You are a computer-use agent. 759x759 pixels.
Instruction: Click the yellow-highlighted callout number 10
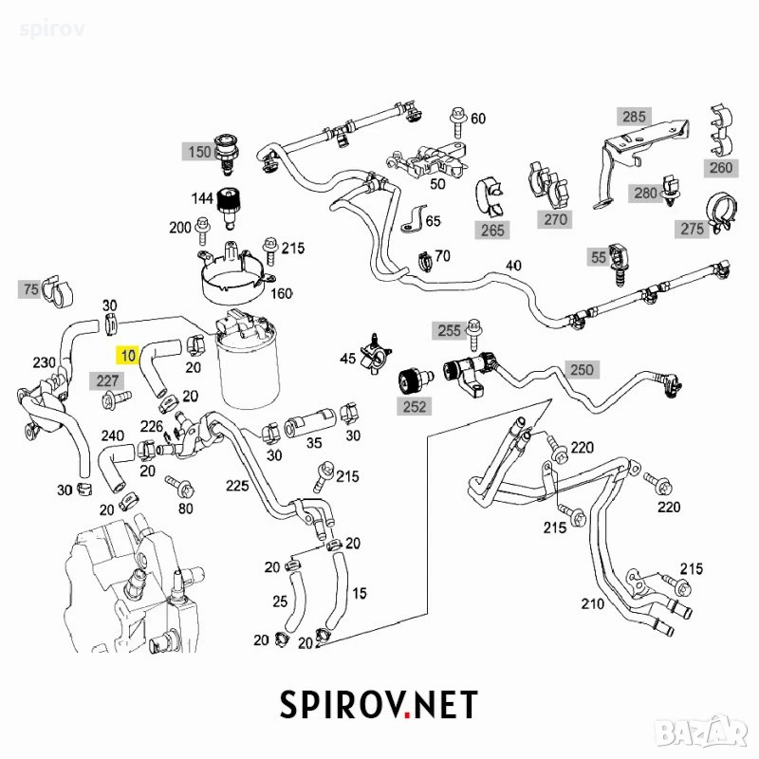(x=128, y=355)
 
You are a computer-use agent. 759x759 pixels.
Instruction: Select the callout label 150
(x=198, y=152)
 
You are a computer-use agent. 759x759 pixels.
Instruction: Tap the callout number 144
(x=202, y=198)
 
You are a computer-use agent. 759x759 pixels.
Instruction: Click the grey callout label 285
(x=634, y=117)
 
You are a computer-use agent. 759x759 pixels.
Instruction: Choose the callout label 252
(x=415, y=406)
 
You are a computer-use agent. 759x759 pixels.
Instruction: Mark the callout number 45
(x=347, y=359)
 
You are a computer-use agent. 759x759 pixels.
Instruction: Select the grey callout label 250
(x=582, y=369)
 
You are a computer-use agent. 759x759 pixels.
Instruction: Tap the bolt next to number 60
(x=457, y=121)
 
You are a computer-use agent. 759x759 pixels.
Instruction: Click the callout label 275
(x=692, y=229)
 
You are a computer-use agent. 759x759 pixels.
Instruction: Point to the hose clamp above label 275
(x=723, y=210)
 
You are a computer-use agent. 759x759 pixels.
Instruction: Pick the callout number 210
(x=592, y=603)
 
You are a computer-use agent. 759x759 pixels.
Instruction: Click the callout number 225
(x=237, y=486)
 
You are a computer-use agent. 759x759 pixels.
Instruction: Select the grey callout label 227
(x=107, y=381)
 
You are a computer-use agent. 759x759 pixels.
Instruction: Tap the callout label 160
(x=281, y=293)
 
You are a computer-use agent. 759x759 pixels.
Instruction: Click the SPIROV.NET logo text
(x=379, y=704)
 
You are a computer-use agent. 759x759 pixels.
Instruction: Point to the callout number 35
(x=314, y=442)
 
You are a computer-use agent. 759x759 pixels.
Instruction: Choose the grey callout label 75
(x=30, y=289)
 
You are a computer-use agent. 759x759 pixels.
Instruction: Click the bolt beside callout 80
(x=180, y=487)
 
